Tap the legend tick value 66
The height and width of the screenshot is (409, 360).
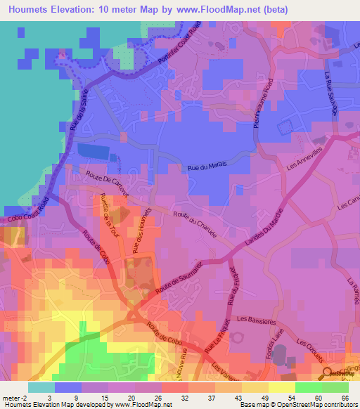click(x=345, y=397)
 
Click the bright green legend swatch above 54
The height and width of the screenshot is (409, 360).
click(x=309, y=387)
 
